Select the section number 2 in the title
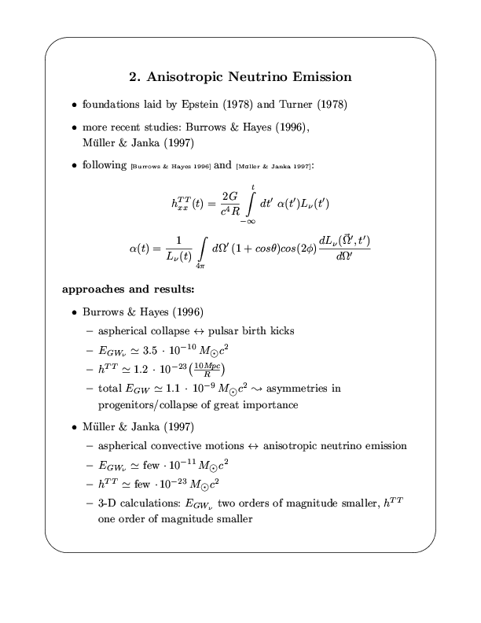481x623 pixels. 133,77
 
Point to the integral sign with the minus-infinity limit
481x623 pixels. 252,205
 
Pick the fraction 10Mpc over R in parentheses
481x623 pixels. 210,368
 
